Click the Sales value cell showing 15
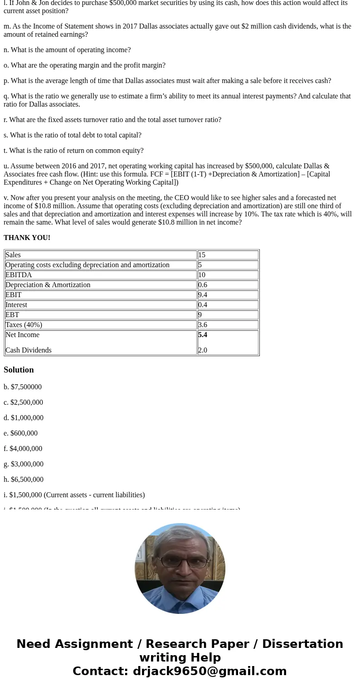click(x=202, y=255)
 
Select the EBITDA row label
click(x=19, y=275)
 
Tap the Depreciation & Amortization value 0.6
click(x=203, y=285)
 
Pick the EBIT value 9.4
click(x=203, y=295)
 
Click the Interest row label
click(x=16, y=305)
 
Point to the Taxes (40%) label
click(x=24, y=325)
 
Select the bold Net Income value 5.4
click(x=203, y=335)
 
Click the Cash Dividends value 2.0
click(x=203, y=350)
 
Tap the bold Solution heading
click(x=19, y=370)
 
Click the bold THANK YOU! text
click(x=27, y=238)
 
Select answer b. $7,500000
click(x=23, y=387)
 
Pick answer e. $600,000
click(x=21, y=433)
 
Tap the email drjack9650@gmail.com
click(x=209, y=671)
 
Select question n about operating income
click(x=67, y=50)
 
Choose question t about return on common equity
click(x=73, y=151)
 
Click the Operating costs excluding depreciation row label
click(x=87, y=265)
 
